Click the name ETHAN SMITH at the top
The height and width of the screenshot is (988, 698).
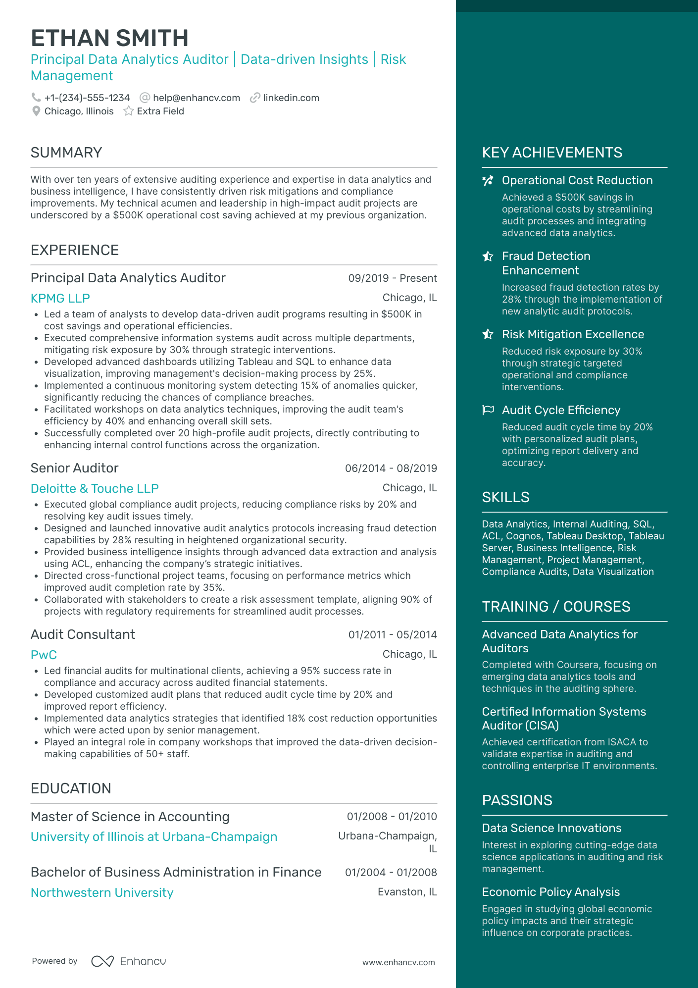coord(109,38)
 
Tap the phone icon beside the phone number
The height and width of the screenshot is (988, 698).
coord(36,98)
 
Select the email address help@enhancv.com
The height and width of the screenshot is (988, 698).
coord(197,98)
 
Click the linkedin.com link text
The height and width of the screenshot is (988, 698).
coord(291,98)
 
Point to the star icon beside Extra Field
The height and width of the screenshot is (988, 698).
coord(129,111)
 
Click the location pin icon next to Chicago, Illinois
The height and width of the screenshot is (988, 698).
coord(36,111)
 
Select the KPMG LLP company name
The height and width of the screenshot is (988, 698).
coord(60,298)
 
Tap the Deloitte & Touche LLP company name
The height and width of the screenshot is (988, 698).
coord(95,488)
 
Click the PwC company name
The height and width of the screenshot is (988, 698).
coord(44,655)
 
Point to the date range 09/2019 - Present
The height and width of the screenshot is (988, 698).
coord(393,278)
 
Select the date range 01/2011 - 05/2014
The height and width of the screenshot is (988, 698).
coord(393,634)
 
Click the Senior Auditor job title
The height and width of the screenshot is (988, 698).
coord(75,468)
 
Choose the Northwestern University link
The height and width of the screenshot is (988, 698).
coord(102,892)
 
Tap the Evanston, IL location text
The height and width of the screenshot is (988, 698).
coord(407,891)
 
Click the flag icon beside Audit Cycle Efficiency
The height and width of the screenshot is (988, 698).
coord(488,410)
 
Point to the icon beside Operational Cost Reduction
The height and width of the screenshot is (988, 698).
coord(488,180)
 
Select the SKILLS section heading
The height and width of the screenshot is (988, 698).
coord(505,497)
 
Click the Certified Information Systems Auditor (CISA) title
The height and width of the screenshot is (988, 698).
coord(564,718)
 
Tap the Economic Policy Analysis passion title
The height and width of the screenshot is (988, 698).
coord(550,891)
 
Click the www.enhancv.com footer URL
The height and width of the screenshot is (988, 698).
coord(399,962)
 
